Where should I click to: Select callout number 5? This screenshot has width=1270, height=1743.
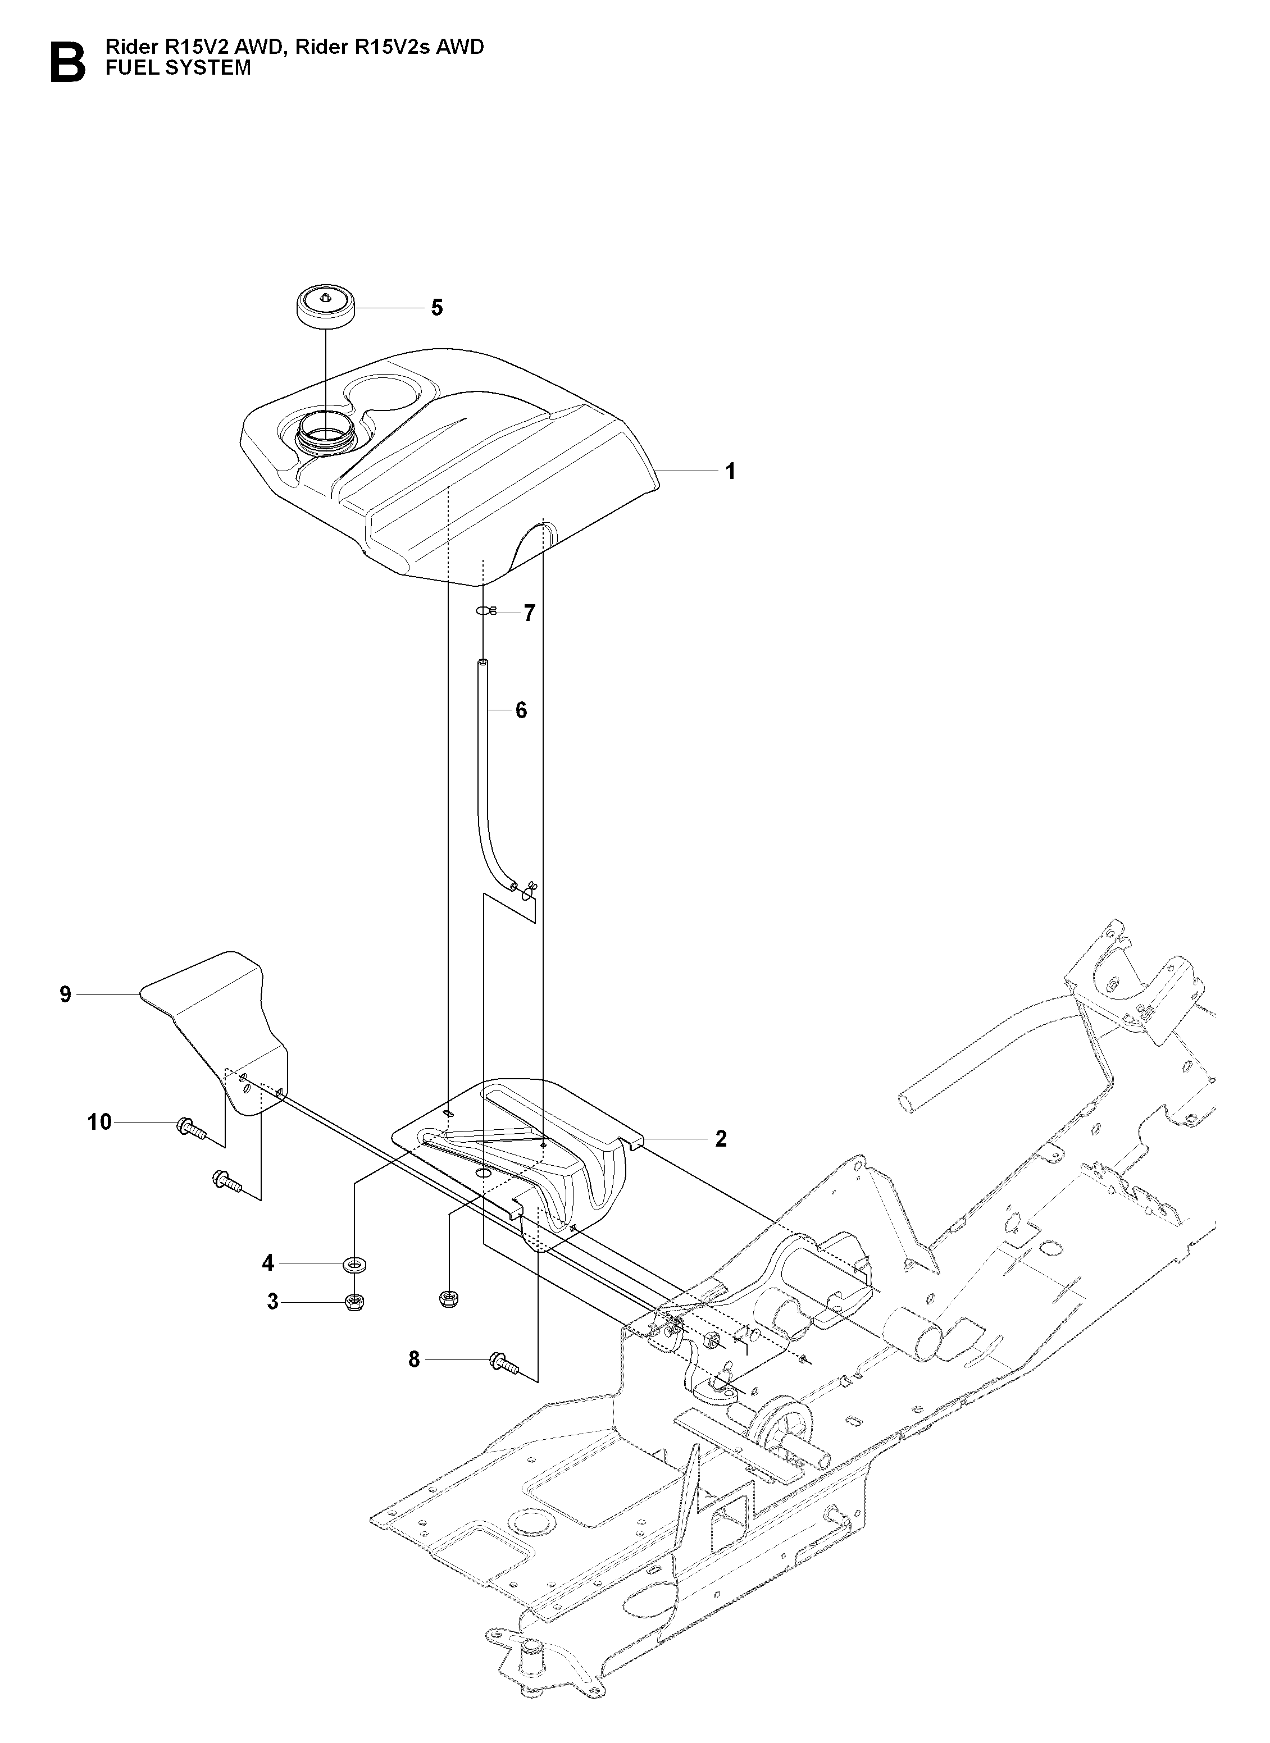click(436, 308)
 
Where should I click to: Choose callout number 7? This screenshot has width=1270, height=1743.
click(529, 613)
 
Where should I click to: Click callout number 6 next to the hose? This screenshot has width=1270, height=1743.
click(521, 710)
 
